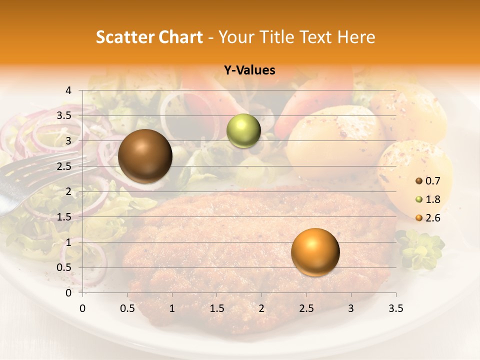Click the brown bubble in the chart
click(x=145, y=156)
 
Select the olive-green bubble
click(x=243, y=131)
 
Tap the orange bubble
click(x=315, y=252)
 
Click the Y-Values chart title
click(x=249, y=70)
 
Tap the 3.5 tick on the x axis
click(x=395, y=308)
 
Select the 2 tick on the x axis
click(x=261, y=308)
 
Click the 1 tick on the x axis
click(x=172, y=308)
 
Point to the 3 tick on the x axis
click(x=351, y=308)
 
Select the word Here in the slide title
click(x=355, y=37)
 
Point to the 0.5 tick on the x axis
click(x=127, y=308)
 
